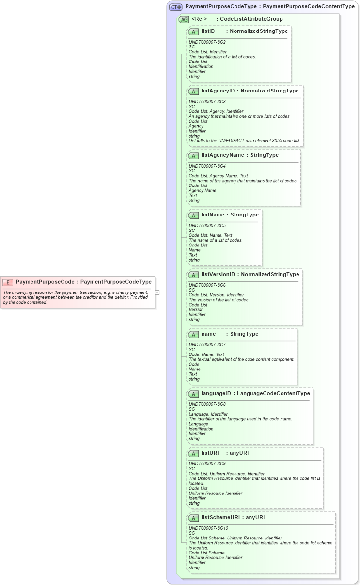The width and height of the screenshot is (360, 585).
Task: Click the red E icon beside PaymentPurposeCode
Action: click(x=8, y=282)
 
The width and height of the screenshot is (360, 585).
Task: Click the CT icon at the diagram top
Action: click(x=175, y=7)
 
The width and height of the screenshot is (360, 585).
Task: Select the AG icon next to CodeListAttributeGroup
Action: click(x=184, y=19)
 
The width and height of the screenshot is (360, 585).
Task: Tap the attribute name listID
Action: click(x=208, y=31)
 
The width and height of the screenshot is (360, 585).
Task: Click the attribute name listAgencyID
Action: click(x=218, y=91)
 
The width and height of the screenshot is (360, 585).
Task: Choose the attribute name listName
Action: click(x=212, y=215)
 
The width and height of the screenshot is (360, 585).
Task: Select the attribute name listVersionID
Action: click(x=218, y=274)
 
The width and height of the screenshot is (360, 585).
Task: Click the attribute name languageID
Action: click(x=216, y=393)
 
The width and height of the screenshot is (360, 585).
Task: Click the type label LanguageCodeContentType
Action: click(x=273, y=393)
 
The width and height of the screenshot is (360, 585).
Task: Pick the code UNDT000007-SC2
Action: click(x=207, y=42)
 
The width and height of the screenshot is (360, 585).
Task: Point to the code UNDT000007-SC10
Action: click(x=208, y=528)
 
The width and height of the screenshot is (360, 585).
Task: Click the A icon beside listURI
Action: click(x=193, y=453)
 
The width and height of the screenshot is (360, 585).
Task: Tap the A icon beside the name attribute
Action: click(x=193, y=334)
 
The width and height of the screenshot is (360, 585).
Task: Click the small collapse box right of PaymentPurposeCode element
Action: click(x=157, y=292)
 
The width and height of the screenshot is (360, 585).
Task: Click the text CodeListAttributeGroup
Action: click(x=251, y=19)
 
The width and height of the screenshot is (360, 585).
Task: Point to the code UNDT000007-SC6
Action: click(x=207, y=285)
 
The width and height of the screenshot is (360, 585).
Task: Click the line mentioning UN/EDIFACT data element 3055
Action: click(x=244, y=141)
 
